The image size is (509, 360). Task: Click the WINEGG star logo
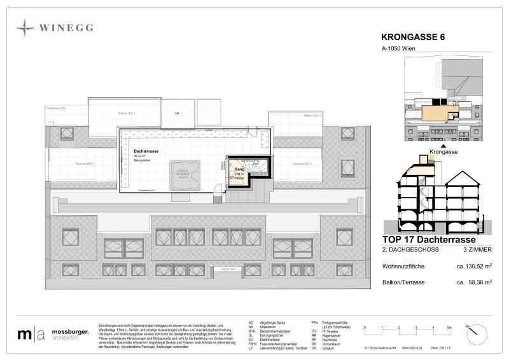[26, 28]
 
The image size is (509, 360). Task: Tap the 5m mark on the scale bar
[449, 326]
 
